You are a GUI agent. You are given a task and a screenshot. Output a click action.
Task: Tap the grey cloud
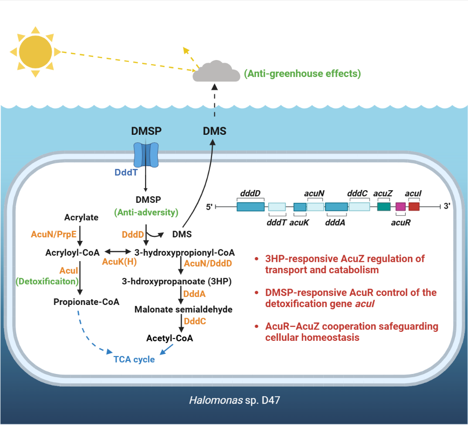(217, 73)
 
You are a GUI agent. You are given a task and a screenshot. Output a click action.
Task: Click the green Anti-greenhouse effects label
(302, 73)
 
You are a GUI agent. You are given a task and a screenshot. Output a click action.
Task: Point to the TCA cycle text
(134, 359)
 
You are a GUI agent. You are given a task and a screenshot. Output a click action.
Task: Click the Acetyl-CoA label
(170, 338)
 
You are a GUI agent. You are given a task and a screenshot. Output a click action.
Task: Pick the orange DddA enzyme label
(195, 293)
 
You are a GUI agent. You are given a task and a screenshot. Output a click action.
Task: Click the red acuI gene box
(414, 206)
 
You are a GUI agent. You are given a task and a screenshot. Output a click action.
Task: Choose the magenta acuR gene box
(401, 206)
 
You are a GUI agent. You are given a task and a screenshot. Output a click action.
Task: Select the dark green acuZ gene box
(384, 206)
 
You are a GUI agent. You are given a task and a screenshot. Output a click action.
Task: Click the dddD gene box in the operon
(250, 206)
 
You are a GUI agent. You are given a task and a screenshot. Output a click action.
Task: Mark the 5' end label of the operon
(209, 207)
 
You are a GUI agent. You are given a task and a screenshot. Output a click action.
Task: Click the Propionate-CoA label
(87, 301)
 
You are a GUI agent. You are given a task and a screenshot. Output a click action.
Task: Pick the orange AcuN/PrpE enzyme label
(52, 234)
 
